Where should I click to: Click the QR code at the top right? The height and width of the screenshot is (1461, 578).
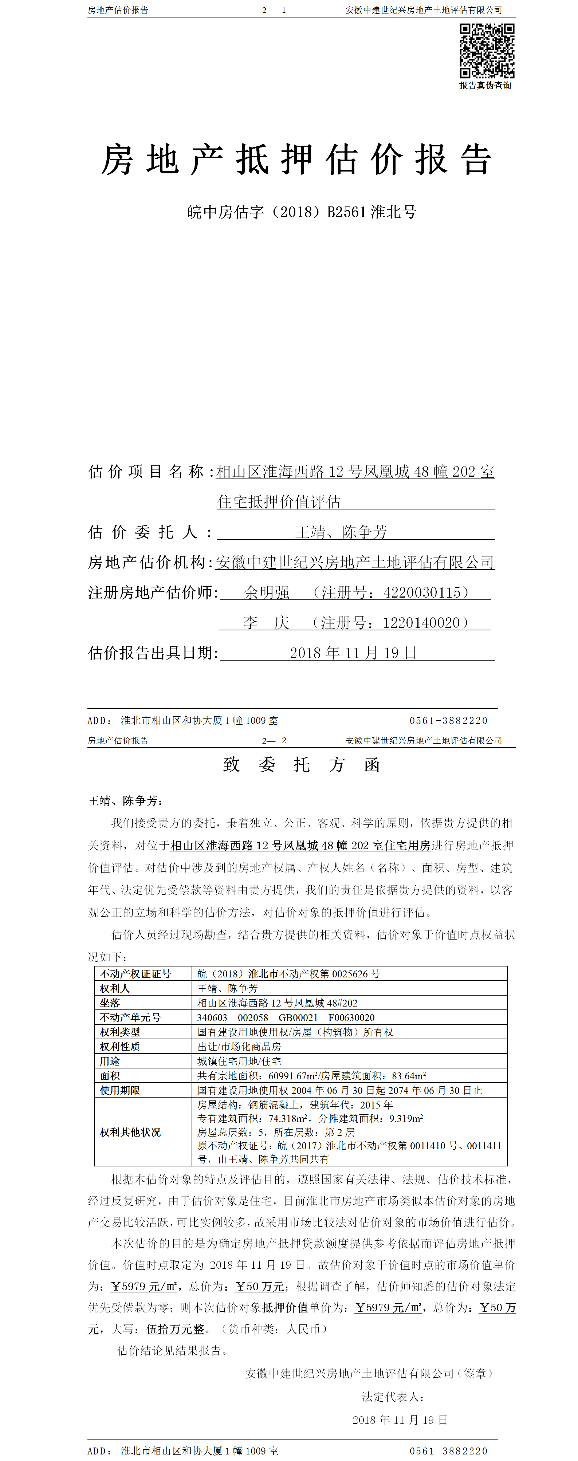(487, 51)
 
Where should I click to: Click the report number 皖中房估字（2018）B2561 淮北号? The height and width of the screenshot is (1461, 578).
(302, 212)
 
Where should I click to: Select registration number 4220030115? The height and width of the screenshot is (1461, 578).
(422, 593)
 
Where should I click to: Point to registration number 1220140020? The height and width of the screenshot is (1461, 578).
(421, 623)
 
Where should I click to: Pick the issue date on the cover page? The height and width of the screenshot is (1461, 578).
(353, 653)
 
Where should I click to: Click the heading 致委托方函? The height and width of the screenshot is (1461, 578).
(301, 764)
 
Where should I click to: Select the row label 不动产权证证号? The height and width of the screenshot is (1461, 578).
(135, 974)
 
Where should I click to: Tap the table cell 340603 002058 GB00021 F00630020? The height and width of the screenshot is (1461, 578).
(286, 1017)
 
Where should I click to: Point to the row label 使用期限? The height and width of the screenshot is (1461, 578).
(120, 1090)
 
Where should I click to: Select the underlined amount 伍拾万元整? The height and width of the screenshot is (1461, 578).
(175, 1328)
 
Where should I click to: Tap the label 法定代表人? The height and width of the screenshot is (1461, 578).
(393, 1396)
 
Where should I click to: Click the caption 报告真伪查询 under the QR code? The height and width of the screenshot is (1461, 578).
(485, 86)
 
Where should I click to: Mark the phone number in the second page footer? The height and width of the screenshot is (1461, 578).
(448, 1451)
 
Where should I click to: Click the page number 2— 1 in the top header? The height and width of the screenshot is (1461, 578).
(274, 10)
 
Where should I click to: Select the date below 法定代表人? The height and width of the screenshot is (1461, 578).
(400, 1419)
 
